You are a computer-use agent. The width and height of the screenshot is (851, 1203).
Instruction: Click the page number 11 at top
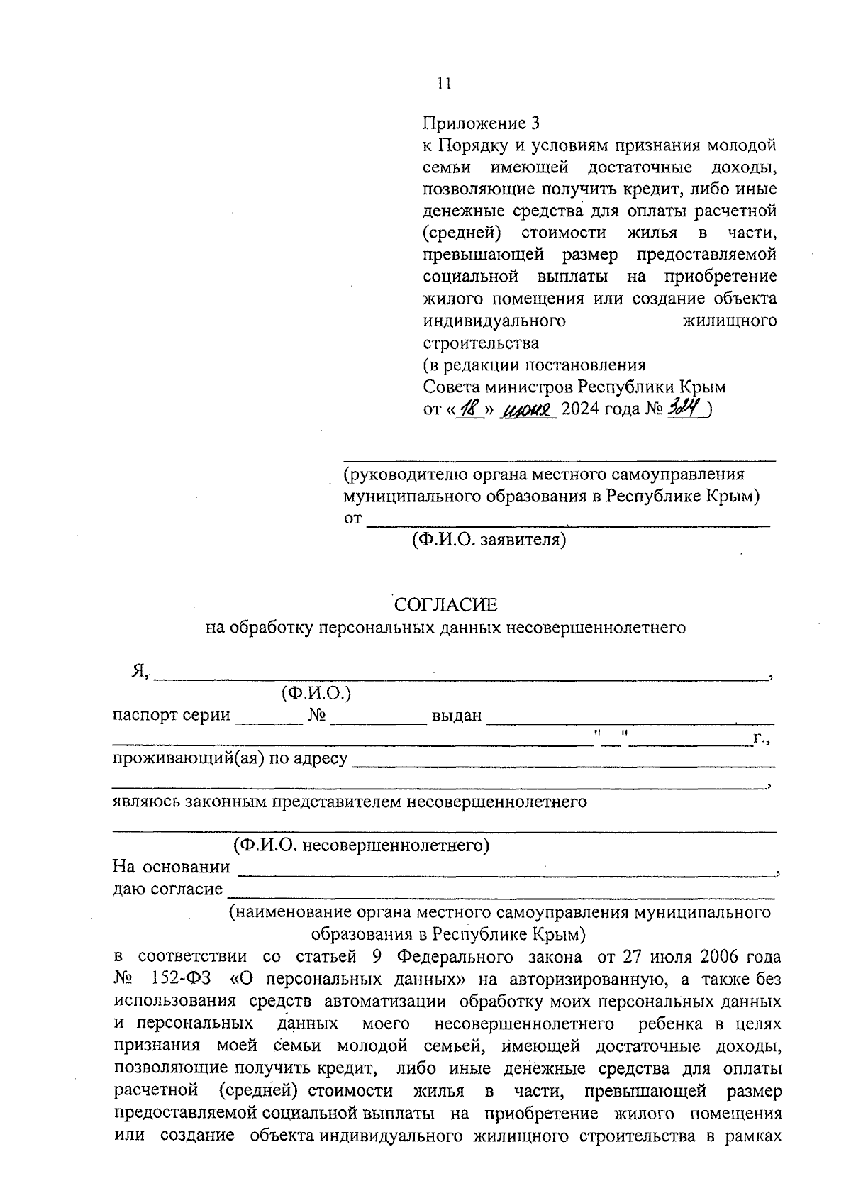coord(444,83)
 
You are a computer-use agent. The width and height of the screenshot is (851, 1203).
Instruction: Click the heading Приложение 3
coord(481,123)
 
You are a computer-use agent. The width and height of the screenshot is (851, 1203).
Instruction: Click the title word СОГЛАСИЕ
coord(445,604)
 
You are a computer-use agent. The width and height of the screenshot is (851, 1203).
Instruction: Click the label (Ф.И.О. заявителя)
coord(489,540)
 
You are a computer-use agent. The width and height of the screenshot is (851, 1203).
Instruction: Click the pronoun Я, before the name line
coord(139,671)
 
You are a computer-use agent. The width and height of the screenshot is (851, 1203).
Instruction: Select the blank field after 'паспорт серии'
coord(268,721)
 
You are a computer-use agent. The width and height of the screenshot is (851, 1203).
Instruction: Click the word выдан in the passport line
coord(457,715)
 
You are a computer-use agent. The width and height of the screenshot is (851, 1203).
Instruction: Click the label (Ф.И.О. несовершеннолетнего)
coord(362,846)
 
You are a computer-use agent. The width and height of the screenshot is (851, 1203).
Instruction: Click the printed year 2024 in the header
coord(582,409)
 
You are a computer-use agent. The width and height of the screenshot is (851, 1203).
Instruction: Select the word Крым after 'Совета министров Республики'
coord(703,387)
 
